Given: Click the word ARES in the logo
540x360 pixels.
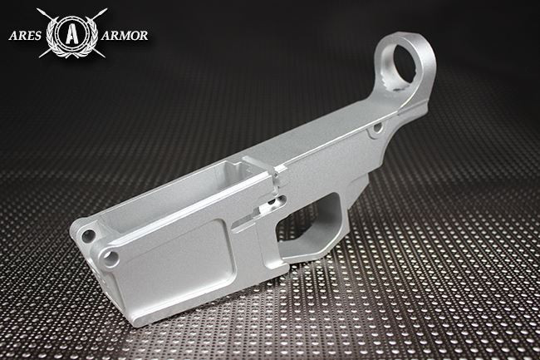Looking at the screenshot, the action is (x=25, y=36).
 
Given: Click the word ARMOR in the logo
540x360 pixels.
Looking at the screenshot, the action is (x=125, y=36).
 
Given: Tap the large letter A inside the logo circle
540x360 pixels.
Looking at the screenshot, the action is (x=71, y=34).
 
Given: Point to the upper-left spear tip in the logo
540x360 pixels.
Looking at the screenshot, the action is (x=38, y=11).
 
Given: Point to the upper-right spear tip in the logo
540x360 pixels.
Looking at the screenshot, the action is (x=105, y=11).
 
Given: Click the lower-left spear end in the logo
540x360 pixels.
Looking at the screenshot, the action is (x=42, y=56).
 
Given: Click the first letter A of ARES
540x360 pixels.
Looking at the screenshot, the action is (x=12, y=36).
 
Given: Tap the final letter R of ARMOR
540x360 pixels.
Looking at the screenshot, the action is (x=144, y=36).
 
